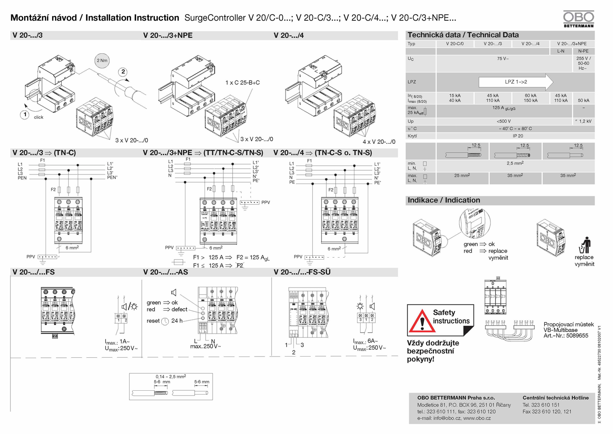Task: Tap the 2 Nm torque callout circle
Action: pos(102,60)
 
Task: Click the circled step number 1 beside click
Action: pos(25,114)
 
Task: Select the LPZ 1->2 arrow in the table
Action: pos(516,82)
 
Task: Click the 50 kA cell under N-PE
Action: pos(583,100)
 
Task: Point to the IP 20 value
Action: pos(518,136)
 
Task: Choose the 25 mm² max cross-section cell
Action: pos(462,176)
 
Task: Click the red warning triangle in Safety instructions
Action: pos(422,321)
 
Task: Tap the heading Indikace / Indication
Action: pos(444,200)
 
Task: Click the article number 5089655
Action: pos(577,335)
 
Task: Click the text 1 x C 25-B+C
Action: pos(243,82)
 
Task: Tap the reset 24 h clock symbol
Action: pos(165,321)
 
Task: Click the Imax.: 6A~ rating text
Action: pos(365,341)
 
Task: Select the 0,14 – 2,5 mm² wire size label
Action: pos(171,376)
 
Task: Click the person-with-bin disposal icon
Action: pos(585,245)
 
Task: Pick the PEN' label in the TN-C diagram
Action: pos(112,178)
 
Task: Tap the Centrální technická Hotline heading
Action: pos(556,398)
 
